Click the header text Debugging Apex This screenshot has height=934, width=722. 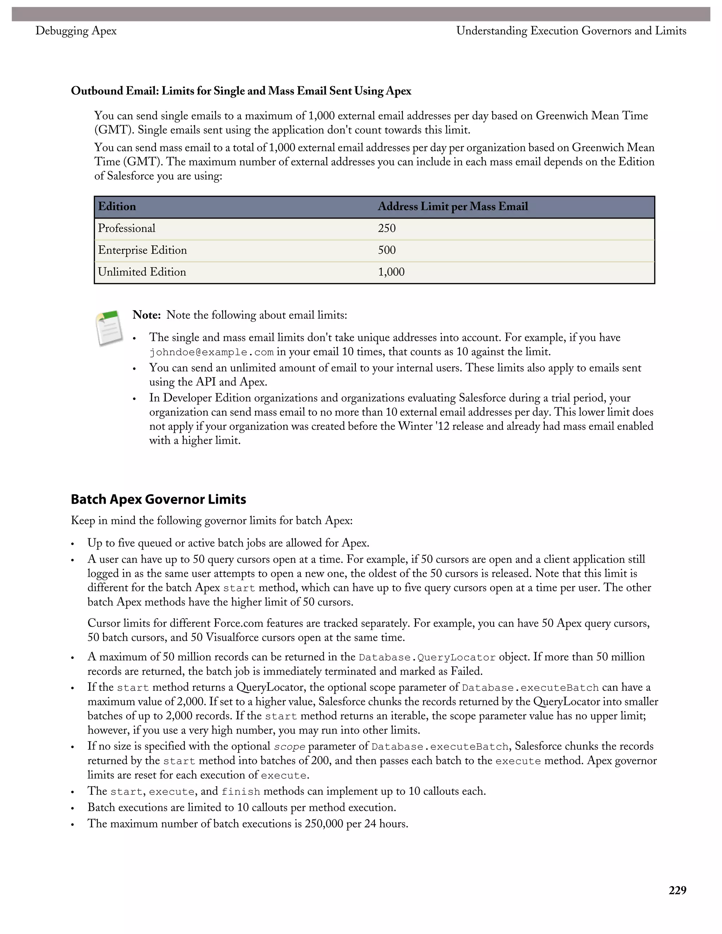(x=76, y=31)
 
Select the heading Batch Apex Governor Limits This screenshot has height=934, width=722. (x=158, y=499)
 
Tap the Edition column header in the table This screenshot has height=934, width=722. (x=117, y=207)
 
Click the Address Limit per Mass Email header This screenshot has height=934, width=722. (x=453, y=207)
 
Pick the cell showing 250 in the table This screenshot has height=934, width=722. (x=387, y=228)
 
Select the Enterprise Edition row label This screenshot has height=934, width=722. (x=142, y=250)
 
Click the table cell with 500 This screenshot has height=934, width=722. (x=387, y=250)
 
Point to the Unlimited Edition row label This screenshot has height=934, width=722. (x=142, y=272)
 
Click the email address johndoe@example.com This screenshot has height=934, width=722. (x=211, y=352)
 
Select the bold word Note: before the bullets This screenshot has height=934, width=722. (x=146, y=315)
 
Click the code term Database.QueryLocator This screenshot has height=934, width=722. (x=427, y=657)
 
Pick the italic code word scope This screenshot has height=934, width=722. (x=289, y=747)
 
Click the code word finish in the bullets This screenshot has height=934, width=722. (x=240, y=792)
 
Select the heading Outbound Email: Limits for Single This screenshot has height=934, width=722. (x=241, y=91)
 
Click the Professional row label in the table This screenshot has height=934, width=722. (x=127, y=228)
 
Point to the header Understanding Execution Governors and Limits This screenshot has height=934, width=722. (x=571, y=31)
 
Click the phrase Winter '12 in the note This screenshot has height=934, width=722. (x=427, y=426)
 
